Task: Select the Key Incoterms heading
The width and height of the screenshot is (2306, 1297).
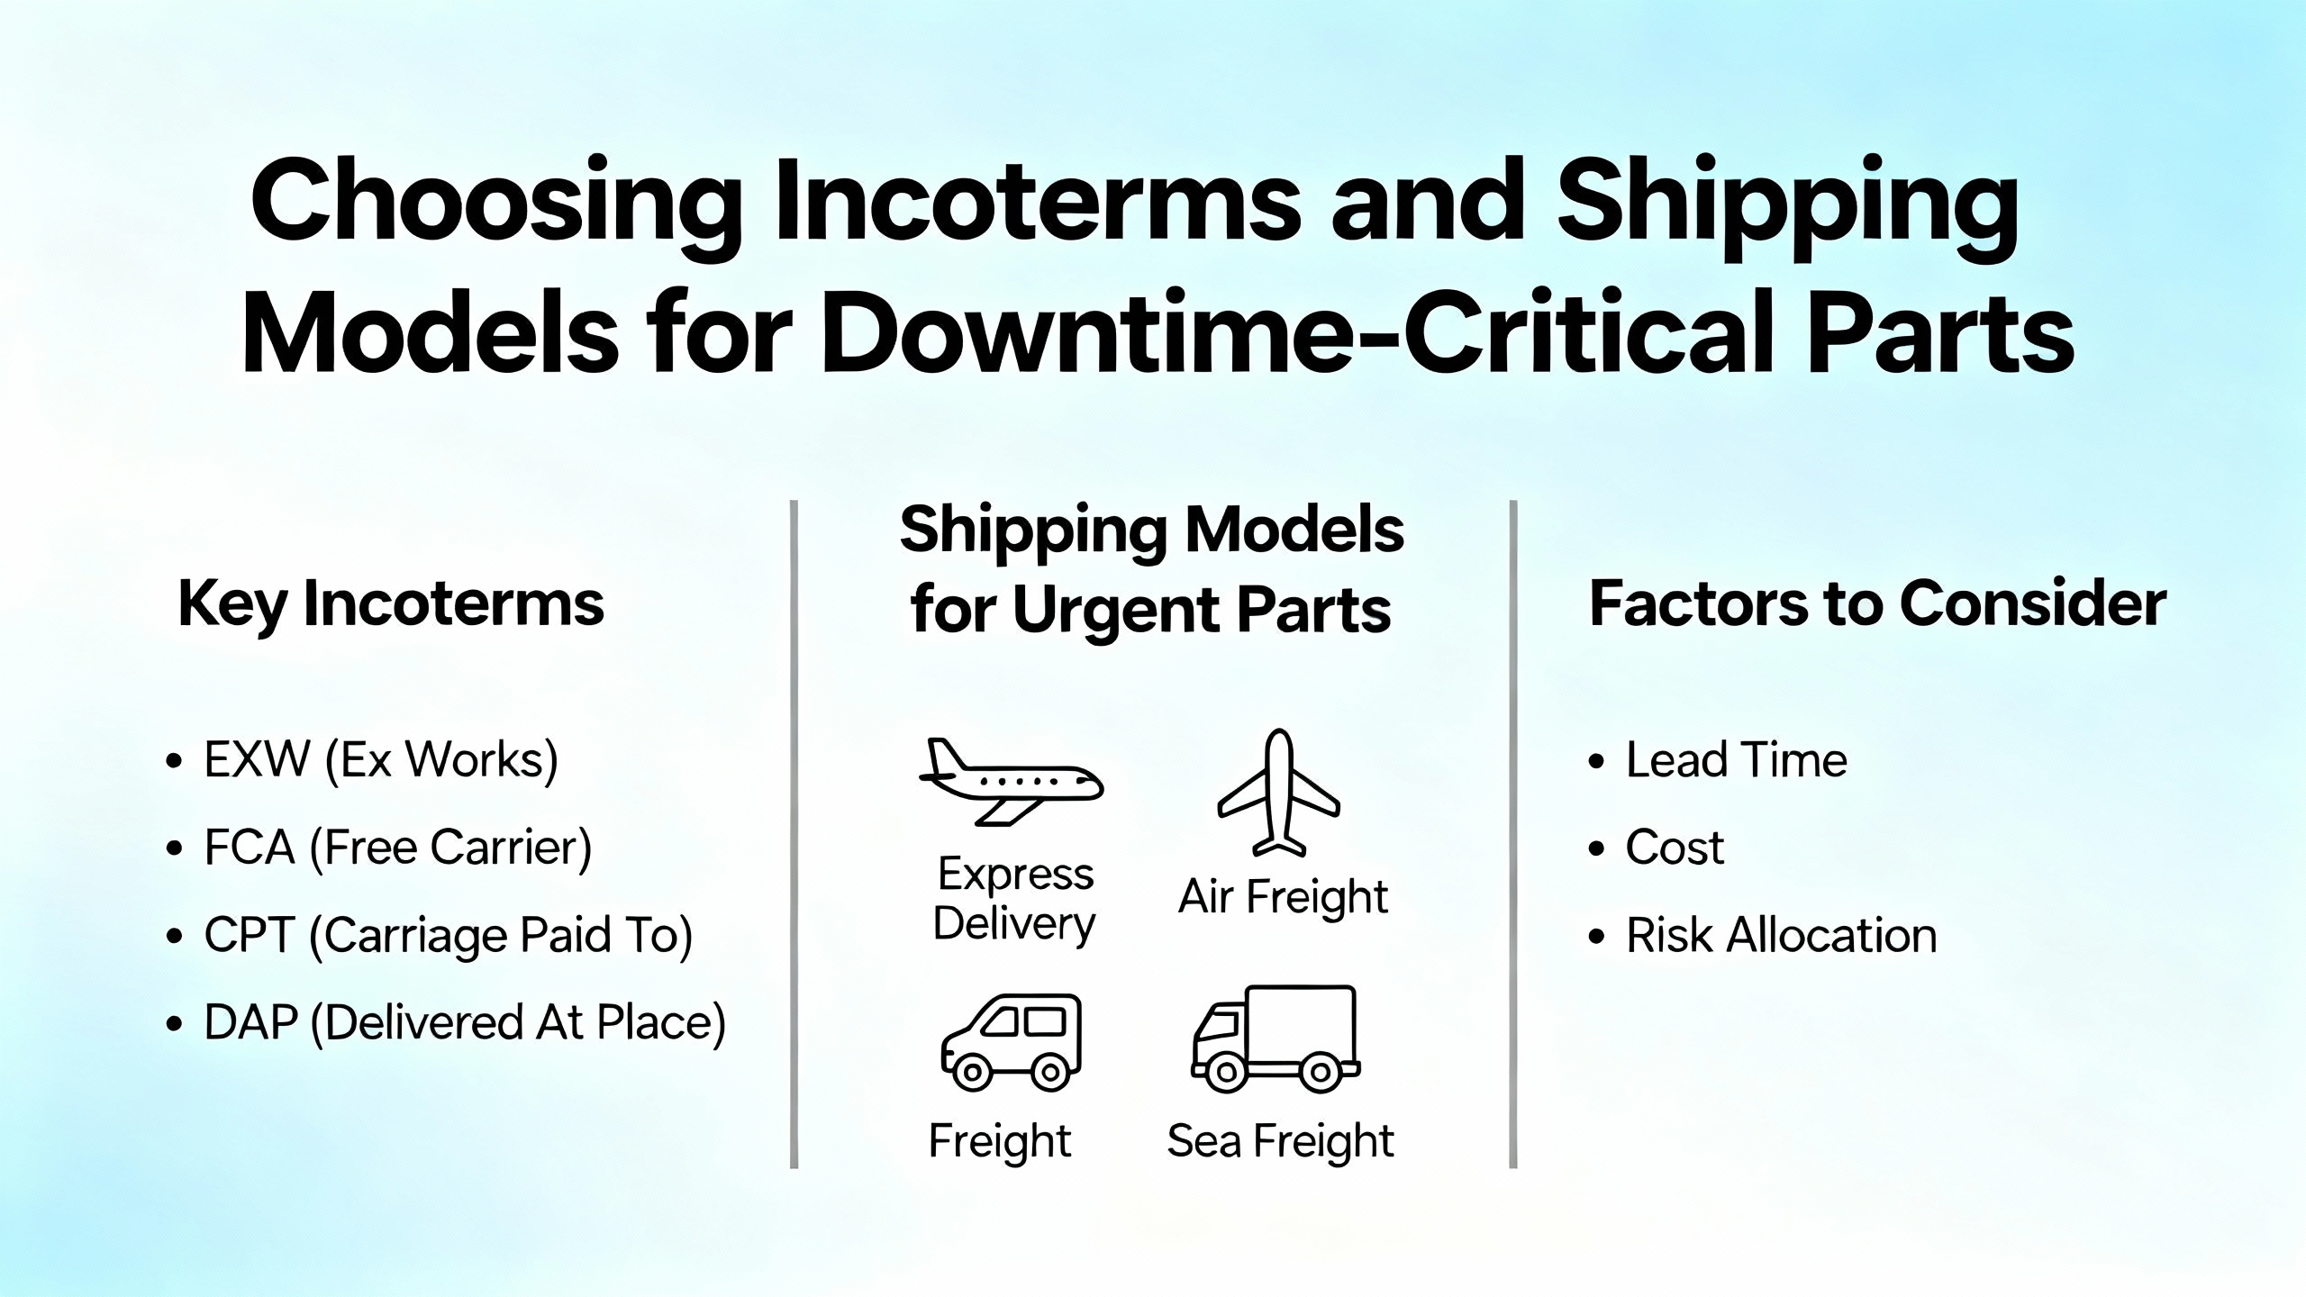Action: (x=391, y=604)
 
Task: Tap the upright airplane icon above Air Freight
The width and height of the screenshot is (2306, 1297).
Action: (x=1279, y=793)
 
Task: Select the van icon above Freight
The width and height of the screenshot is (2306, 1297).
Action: (x=1011, y=1043)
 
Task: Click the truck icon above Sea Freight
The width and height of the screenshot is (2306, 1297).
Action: (x=1276, y=1039)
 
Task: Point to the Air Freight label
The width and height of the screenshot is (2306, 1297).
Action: (x=1284, y=898)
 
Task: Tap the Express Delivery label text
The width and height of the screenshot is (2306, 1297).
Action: (x=1015, y=900)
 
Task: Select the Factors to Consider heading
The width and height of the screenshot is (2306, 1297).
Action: (x=1878, y=603)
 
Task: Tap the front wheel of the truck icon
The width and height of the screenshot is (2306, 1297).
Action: (x=1225, y=1072)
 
